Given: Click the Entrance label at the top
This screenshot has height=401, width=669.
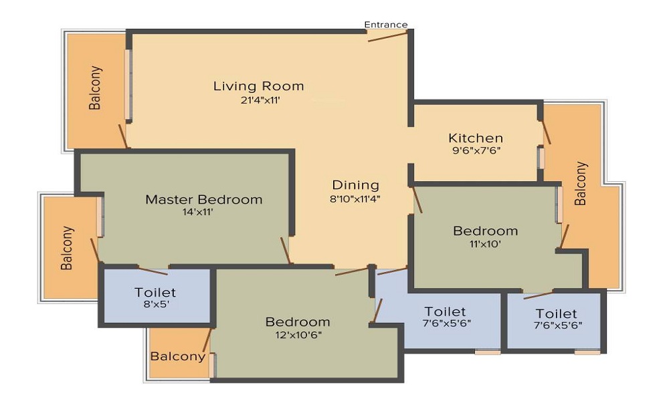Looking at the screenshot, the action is pyautogui.click(x=386, y=25).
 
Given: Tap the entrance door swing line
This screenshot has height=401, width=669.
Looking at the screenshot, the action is pyautogui.click(x=388, y=36).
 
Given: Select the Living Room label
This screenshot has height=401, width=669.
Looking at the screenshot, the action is pyautogui.click(x=258, y=86).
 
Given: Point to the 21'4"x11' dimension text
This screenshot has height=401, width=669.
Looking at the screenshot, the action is pyautogui.click(x=260, y=100).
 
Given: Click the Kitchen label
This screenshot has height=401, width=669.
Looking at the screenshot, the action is pyautogui.click(x=476, y=138).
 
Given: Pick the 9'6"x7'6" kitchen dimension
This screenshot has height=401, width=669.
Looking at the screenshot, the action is pyautogui.click(x=476, y=150).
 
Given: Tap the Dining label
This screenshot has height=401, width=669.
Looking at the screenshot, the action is pyautogui.click(x=355, y=185).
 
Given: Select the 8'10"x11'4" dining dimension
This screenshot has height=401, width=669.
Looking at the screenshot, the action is pyautogui.click(x=355, y=198).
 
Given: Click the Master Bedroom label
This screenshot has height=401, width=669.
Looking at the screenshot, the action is pyautogui.click(x=204, y=199).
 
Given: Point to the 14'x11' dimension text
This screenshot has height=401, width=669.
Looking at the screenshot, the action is pyautogui.click(x=197, y=213).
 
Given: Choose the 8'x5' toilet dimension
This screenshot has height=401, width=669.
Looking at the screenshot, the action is pyautogui.click(x=155, y=304).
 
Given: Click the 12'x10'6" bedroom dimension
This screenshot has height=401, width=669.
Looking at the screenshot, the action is pyautogui.click(x=298, y=335).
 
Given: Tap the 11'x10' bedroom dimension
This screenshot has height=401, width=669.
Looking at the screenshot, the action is pyautogui.click(x=485, y=244).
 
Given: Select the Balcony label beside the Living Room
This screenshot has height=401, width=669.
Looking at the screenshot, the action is pyautogui.click(x=96, y=88).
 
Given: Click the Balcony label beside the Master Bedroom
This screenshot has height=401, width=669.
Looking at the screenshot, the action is pyautogui.click(x=67, y=248).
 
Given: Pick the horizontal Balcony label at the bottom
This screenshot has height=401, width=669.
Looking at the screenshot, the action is pyautogui.click(x=178, y=356).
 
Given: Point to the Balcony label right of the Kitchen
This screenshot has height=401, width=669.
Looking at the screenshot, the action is pyautogui.click(x=581, y=183).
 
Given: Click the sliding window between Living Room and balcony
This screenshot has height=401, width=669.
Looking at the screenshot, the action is pyautogui.click(x=128, y=85).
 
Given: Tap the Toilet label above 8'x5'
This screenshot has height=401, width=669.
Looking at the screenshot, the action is pyautogui.click(x=155, y=292).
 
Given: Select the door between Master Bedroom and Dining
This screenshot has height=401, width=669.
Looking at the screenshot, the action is pyautogui.click(x=286, y=251).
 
